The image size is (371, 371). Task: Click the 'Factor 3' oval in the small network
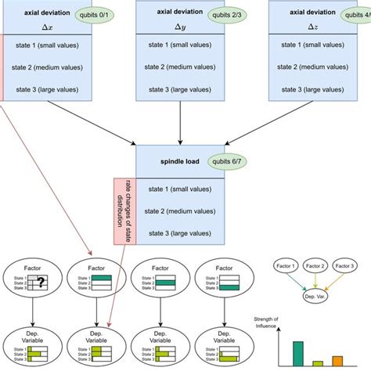point(349,268)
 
